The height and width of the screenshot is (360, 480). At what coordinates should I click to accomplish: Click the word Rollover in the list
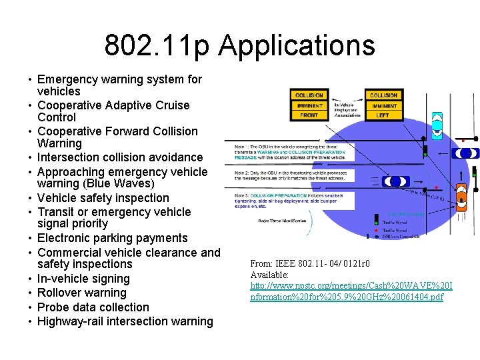[x=61, y=293]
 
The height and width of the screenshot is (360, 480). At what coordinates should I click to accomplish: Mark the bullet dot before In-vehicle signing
[x=31, y=279]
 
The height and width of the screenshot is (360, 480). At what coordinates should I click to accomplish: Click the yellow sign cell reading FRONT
[x=309, y=115]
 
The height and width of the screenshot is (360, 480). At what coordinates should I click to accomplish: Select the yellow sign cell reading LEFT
[x=383, y=115]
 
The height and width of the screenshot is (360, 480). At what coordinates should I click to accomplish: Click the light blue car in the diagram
[x=437, y=125]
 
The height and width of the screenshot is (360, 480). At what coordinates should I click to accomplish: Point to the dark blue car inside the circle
[x=396, y=181]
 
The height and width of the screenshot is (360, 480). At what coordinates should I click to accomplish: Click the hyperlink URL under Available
[x=351, y=291]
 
